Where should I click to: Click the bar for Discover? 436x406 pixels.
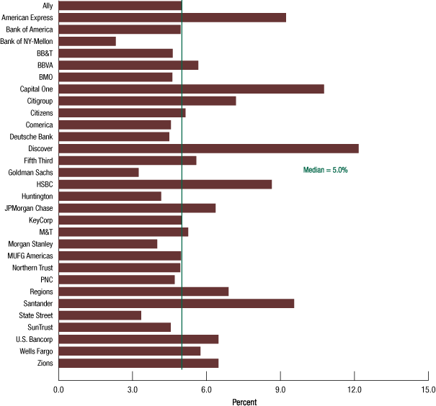(208, 148)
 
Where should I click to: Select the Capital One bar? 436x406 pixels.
(191, 89)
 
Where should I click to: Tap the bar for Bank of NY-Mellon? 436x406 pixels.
(87, 41)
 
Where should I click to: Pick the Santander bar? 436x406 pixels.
(176, 303)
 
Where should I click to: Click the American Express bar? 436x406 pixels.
(172, 17)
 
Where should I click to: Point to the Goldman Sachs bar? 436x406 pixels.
(98, 172)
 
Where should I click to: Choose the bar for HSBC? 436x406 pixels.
(165, 184)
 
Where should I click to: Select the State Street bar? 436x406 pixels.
(99, 315)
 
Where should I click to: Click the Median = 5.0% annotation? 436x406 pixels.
(325, 170)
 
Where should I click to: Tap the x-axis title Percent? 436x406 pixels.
(244, 402)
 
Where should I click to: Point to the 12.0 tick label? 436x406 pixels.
(355, 389)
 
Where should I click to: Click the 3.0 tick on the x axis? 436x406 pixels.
(133, 389)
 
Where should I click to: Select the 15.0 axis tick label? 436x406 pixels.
(428, 389)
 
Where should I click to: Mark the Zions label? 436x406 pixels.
(43, 363)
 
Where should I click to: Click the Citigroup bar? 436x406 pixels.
(147, 101)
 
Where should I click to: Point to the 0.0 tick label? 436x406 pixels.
(58, 389)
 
